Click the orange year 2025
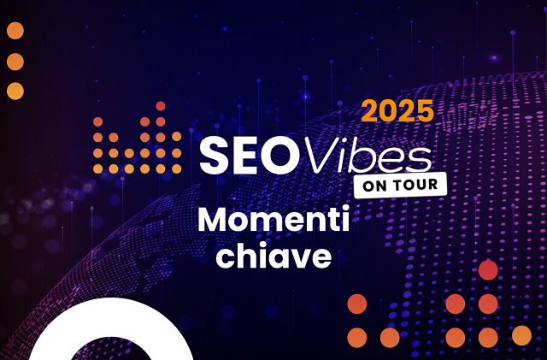click(x=397, y=110)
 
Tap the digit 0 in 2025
click(x=388, y=110)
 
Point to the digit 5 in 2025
click(x=425, y=110)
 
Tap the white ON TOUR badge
click(x=400, y=185)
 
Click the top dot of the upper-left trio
click(x=15, y=32)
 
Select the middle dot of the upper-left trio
click(x=15, y=62)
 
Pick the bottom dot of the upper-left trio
click(x=15, y=91)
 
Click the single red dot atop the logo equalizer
click(x=160, y=106)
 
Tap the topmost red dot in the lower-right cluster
click(x=488, y=271)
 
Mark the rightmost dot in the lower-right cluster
click(x=521, y=336)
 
